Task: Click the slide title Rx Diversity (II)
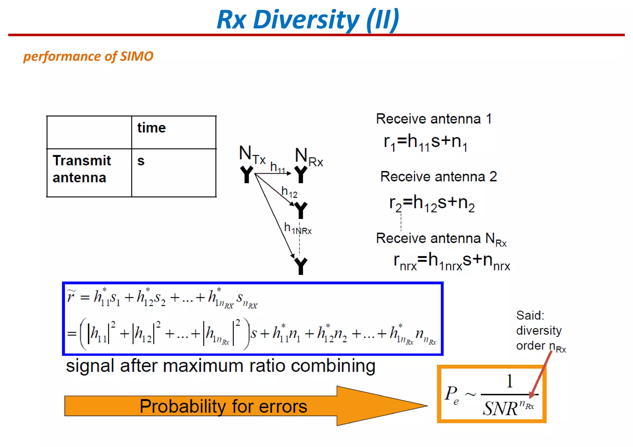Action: pyautogui.click(x=308, y=20)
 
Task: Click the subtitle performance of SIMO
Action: pyautogui.click(x=88, y=56)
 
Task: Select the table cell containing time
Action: pyautogui.click(x=173, y=132)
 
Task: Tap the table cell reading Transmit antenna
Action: pyautogui.click(x=89, y=172)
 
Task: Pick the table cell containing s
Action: pyautogui.click(x=173, y=172)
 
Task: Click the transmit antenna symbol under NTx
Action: pyautogui.click(x=246, y=175)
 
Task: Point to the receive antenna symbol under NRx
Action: pyautogui.click(x=300, y=175)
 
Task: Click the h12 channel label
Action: pyautogui.click(x=289, y=192)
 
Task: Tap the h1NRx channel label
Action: pyautogui.click(x=297, y=229)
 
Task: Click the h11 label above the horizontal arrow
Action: pyautogui.click(x=277, y=167)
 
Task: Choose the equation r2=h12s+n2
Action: pyautogui.click(x=432, y=204)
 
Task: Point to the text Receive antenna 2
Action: pyautogui.click(x=438, y=177)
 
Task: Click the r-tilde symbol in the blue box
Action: pyautogui.click(x=71, y=296)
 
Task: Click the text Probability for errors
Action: pyautogui.click(x=223, y=406)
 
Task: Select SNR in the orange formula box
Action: pyautogui.click(x=500, y=408)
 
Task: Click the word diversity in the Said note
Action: pyautogui.click(x=539, y=331)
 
